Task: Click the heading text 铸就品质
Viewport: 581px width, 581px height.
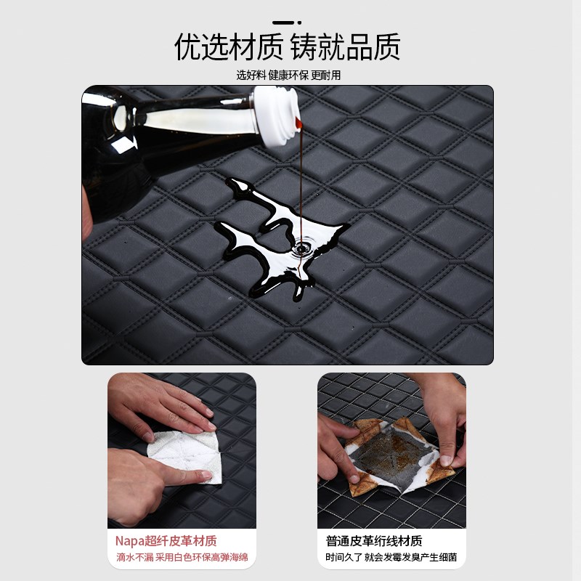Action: [346, 47]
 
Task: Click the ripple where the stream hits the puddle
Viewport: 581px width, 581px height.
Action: [301, 249]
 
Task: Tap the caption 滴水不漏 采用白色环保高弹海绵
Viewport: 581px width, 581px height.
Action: [181, 558]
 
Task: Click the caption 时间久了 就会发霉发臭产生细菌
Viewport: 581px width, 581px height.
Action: [391, 558]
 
